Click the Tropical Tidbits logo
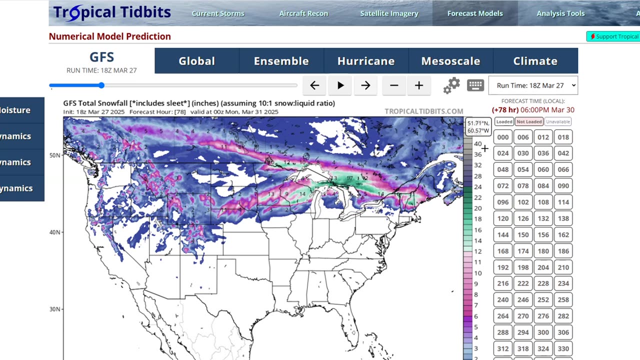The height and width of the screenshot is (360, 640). (112, 12)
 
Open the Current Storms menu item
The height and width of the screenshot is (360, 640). (218, 13)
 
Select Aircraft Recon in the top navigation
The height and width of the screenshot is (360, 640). (303, 13)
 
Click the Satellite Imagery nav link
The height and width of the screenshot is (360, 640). (389, 13)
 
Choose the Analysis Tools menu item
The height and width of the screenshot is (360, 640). (560, 13)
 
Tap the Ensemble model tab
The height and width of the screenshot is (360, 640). (281, 61)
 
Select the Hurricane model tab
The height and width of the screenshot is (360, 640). (366, 61)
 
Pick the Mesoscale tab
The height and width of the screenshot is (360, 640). (450, 61)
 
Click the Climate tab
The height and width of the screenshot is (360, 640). (535, 61)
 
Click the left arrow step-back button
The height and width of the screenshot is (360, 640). (314, 85)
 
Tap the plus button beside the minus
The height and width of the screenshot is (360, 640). (419, 85)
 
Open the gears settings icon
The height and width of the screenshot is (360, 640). (451, 85)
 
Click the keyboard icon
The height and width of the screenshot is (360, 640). (475, 85)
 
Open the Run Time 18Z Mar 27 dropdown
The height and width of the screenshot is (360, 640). (533, 85)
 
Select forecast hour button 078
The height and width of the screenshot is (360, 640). (523, 186)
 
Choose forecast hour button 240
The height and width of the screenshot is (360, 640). (503, 299)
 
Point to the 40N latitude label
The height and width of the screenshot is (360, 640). (54, 232)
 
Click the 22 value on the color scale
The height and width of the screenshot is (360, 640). (477, 197)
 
